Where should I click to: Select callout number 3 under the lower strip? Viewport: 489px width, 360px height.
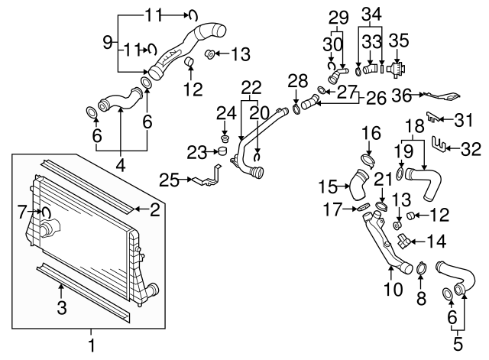pos(63,308)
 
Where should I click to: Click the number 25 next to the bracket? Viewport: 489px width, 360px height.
pos(169,180)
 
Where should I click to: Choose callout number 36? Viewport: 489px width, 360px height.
pos(403,96)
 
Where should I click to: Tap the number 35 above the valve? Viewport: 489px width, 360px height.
pos(399,38)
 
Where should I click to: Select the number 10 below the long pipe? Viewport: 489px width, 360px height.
pos(395,289)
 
